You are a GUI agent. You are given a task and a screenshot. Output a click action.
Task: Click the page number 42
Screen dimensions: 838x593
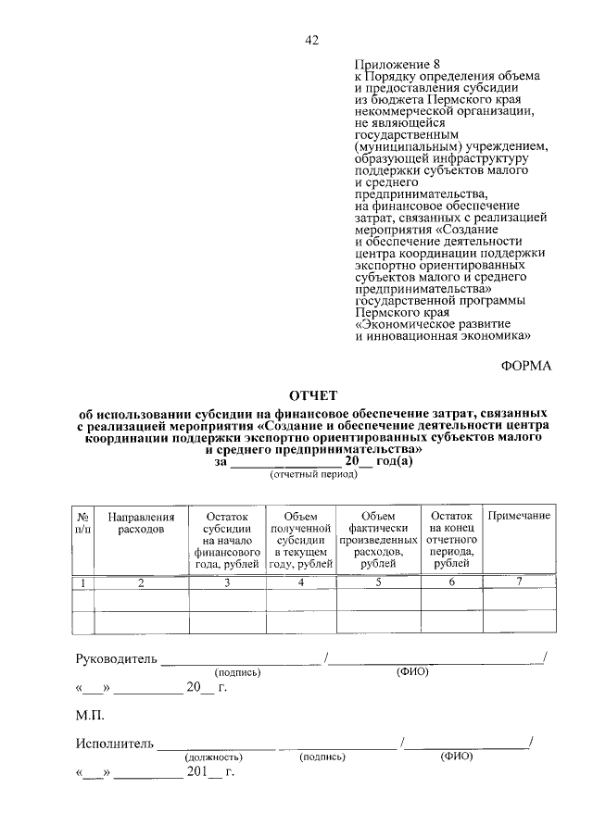click(311, 40)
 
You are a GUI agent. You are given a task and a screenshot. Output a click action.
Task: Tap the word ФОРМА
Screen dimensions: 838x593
click(526, 365)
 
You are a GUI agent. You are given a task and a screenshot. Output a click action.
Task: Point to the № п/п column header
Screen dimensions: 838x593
click(83, 522)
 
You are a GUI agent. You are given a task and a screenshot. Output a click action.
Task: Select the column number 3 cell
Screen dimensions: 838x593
click(227, 582)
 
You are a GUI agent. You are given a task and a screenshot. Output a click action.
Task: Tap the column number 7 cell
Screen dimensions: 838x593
click(519, 582)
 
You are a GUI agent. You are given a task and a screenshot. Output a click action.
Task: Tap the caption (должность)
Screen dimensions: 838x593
click(212, 756)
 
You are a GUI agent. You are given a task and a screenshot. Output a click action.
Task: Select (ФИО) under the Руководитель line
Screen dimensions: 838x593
click(411, 671)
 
